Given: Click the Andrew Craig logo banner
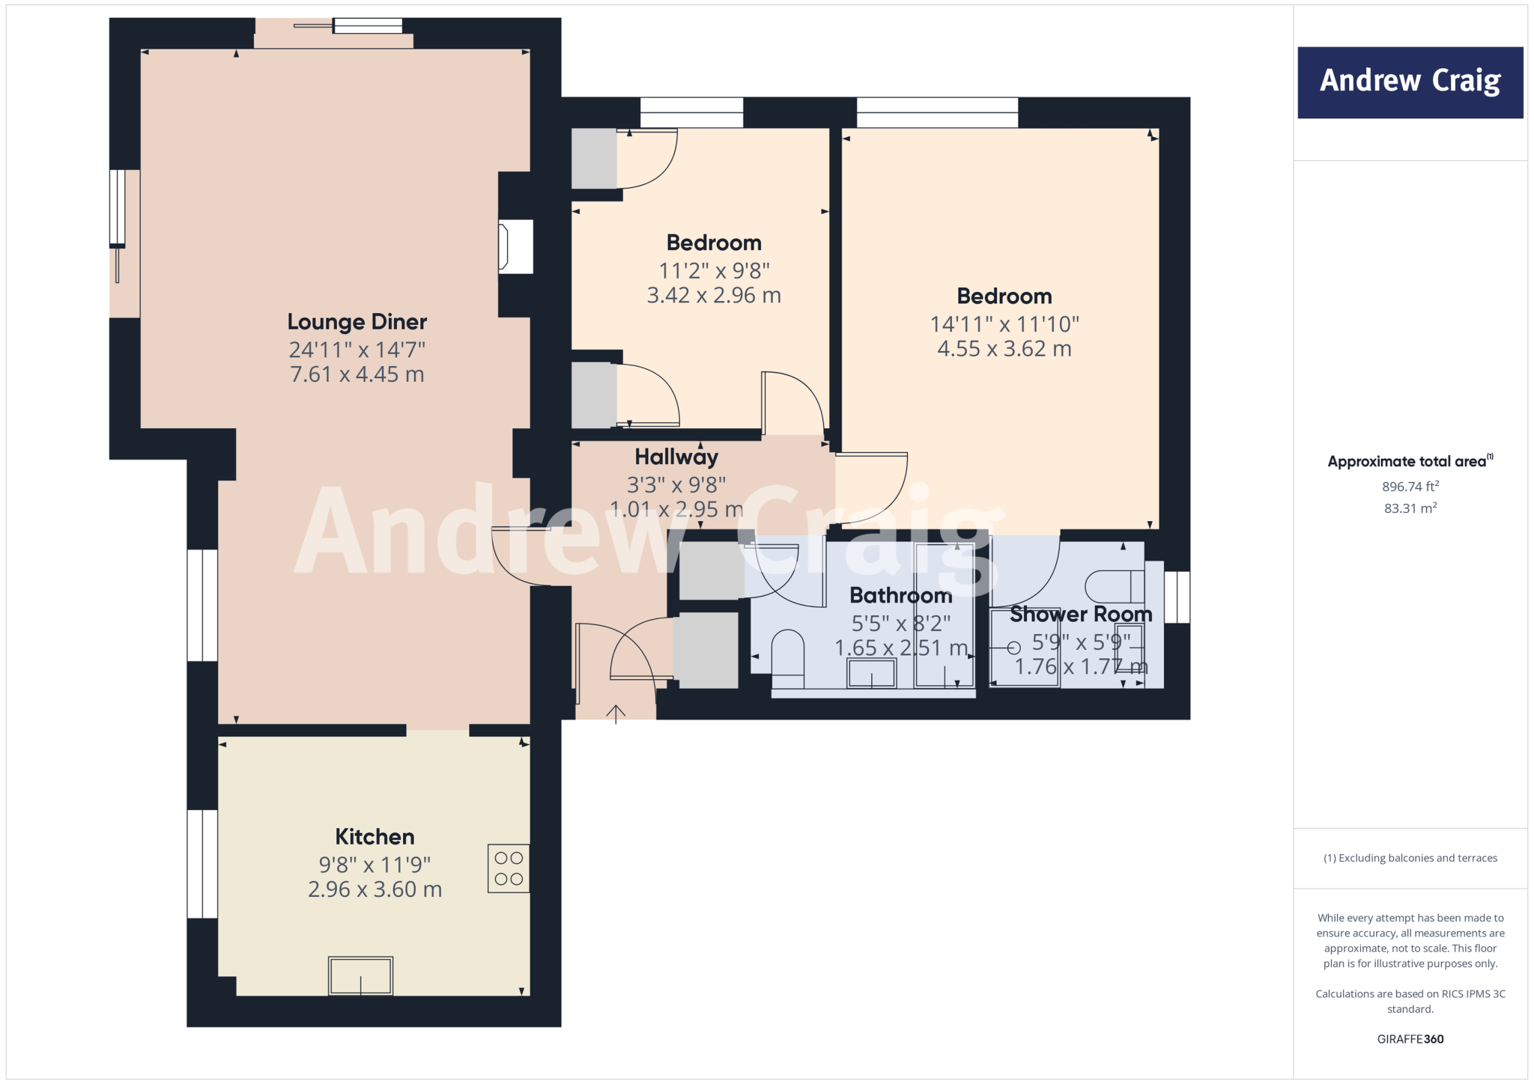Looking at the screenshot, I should (x=1410, y=82).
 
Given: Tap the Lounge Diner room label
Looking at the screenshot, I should (x=357, y=322).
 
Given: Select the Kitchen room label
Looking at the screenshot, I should (x=375, y=836).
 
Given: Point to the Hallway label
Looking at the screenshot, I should (x=676, y=457).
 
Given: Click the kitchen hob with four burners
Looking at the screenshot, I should (x=509, y=868).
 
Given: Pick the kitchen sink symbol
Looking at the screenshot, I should (x=360, y=975).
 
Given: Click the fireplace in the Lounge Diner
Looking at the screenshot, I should (x=516, y=246).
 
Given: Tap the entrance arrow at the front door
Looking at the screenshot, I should (x=616, y=713).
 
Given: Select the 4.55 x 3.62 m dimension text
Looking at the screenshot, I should (x=1004, y=349).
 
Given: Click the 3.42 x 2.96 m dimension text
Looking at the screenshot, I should (x=714, y=296).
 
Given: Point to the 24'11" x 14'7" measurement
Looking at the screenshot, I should (x=357, y=350).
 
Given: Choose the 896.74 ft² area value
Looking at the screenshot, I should (x=1410, y=487).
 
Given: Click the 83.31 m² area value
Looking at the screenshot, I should (x=1410, y=508).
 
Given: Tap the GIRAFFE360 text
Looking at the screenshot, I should (x=1410, y=1039).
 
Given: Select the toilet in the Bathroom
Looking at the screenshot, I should (x=787, y=659).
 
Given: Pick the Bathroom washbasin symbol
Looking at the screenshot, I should (x=871, y=673).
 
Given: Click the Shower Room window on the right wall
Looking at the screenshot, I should (x=1177, y=597).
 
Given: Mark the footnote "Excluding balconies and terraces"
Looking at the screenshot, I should (x=1410, y=858).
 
